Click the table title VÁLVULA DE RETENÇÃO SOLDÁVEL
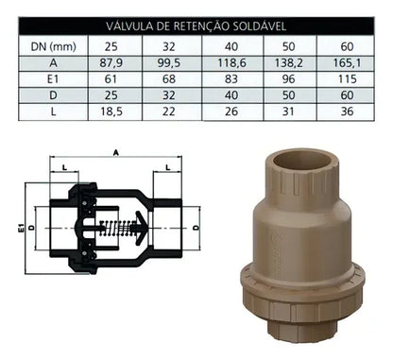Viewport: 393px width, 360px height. coord(196,26)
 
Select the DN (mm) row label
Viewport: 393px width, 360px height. coord(54,46)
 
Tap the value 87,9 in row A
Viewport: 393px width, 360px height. coord(111,63)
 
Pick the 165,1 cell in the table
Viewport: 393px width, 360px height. coord(347,63)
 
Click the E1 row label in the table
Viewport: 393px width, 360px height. coord(53,79)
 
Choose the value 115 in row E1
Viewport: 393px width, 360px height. coord(347,79)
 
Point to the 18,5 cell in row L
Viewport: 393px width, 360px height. coord(111,111)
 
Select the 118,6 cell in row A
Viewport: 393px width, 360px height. coord(231,63)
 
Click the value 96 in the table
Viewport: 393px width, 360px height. coord(289,79)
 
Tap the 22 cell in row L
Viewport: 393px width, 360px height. coord(169,111)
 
